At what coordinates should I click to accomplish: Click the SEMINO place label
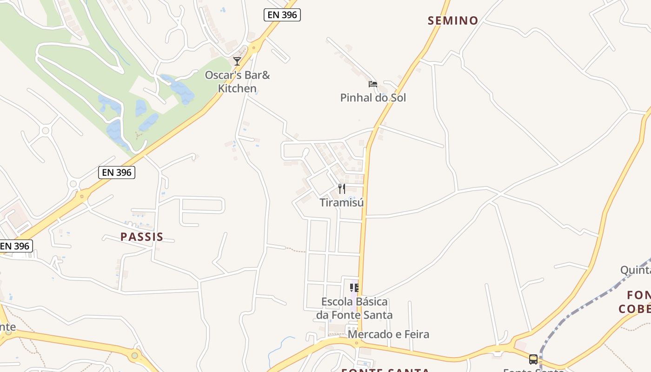[453, 20]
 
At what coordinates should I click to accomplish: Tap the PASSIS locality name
[142, 237]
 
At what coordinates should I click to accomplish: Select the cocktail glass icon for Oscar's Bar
[237, 61]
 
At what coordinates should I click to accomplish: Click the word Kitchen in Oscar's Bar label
[237, 88]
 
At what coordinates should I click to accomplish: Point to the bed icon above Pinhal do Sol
[373, 84]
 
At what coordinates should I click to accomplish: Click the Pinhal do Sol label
[373, 98]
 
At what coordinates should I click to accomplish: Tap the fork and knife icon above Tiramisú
[342, 189]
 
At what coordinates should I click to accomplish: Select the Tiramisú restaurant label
[342, 202]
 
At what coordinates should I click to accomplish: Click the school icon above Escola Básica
[354, 288]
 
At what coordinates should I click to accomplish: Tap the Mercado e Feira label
[388, 334]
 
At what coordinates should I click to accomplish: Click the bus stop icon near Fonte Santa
[533, 359]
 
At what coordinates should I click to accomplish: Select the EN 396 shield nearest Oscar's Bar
[282, 15]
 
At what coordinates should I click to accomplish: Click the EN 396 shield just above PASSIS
[117, 173]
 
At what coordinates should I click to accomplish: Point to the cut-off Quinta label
[635, 270]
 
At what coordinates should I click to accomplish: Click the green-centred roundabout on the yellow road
[135, 356]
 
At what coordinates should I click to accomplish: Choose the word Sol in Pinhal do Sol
[398, 98]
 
